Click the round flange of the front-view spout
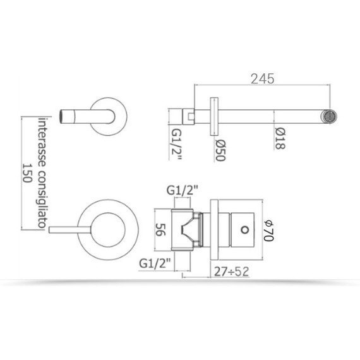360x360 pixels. (x=111, y=115)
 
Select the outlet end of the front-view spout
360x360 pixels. (x=64, y=115)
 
